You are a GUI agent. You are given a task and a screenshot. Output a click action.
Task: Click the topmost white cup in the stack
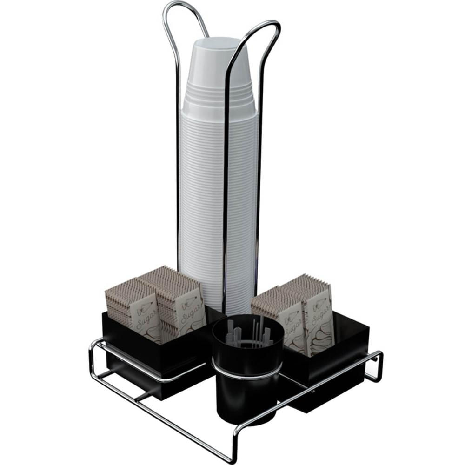(219, 71)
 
